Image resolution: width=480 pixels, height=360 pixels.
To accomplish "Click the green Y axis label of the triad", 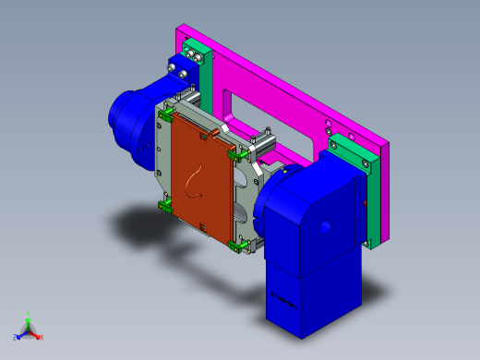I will click(x=30, y=313).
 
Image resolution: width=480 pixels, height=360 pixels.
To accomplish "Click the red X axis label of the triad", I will click(x=41, y=337).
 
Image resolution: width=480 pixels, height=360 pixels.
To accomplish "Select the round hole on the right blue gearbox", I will click(x=325, y=225).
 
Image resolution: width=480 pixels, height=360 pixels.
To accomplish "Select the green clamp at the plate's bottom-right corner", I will click(x=237, y=245).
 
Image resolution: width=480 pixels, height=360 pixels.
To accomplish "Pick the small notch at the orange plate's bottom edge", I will click(x=202, y=226).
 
